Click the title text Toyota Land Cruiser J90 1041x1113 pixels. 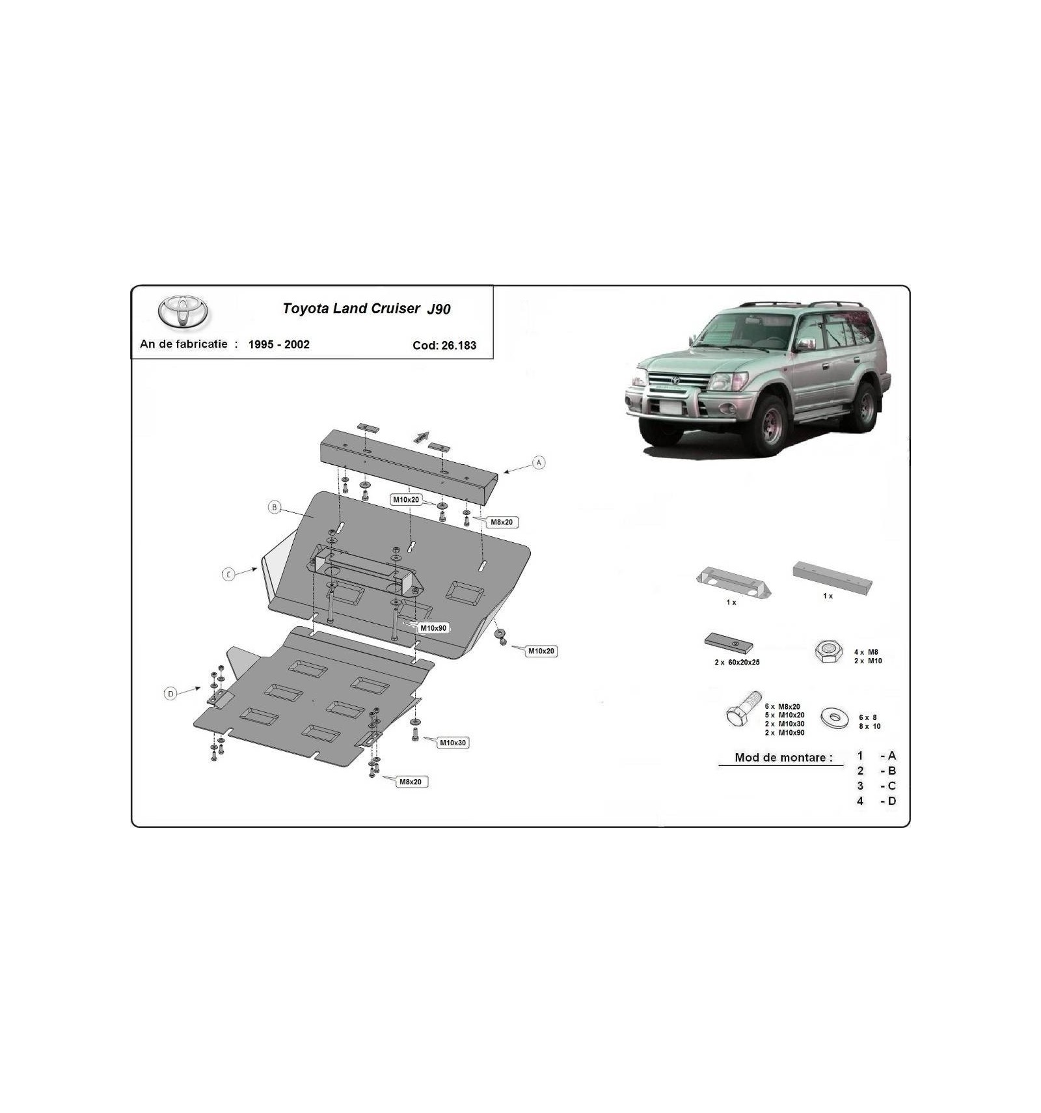click(366, 309)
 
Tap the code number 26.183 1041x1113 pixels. click(459, 346)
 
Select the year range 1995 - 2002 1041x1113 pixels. click(279, 344)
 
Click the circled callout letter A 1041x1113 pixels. click(539, 463)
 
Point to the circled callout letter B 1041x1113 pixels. click(275, 507)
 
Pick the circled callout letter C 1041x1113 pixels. click(228, 575)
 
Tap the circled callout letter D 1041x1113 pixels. click(170, 694)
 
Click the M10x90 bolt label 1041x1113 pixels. click(433, 628)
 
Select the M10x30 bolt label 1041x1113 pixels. click(453, 743)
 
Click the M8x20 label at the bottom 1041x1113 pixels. click(411, 782)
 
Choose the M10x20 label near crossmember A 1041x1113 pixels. click(406, 500)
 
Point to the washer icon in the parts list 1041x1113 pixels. click(835, 718)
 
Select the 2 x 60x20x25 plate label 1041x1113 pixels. click(737, 662)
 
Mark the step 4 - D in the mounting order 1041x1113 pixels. click(876, 801)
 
